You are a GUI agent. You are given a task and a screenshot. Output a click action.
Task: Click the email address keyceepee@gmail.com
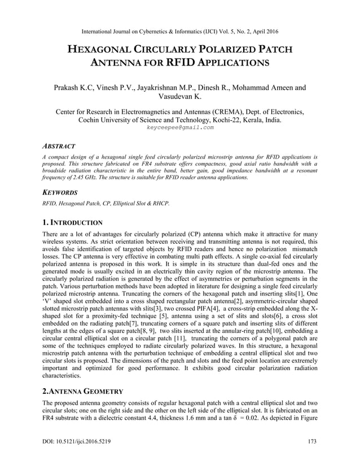click(x=180, y=128)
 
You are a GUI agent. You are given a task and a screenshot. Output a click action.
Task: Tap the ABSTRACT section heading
click(x=59, y=146)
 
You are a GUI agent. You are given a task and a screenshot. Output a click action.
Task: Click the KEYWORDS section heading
click(x=61, y=192)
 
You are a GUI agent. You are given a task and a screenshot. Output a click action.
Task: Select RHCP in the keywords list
click(x=160, y=203)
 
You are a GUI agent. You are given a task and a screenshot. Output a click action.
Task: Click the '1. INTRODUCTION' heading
click(x=72, y=223)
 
